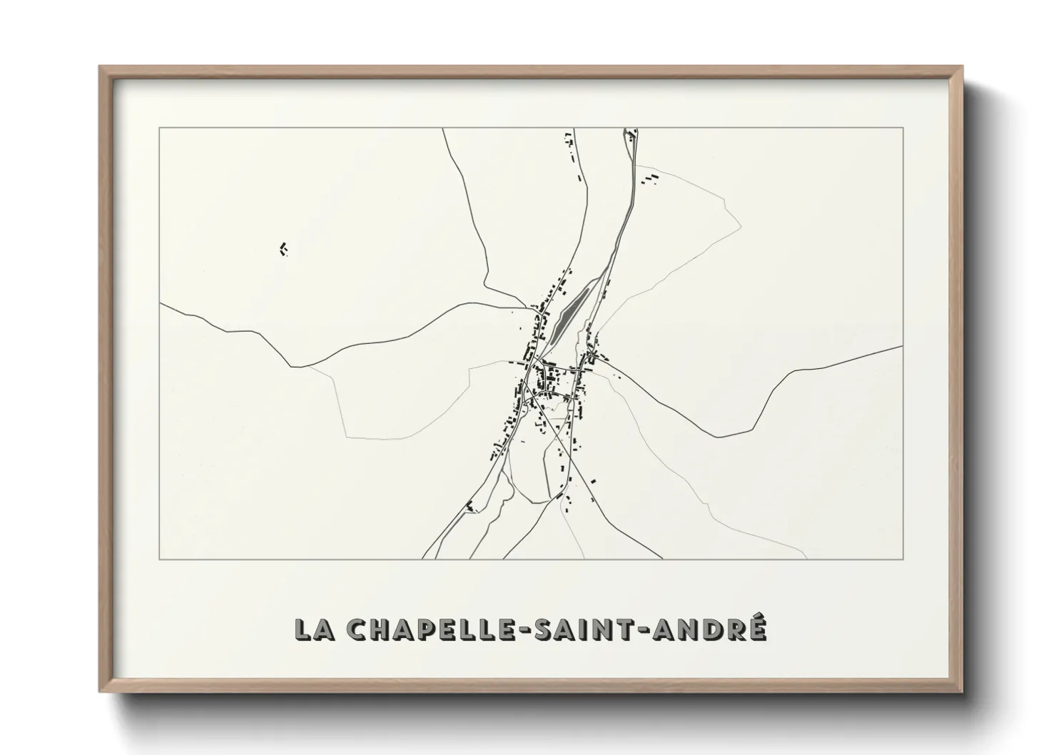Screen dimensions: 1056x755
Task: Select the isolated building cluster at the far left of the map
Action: point(283,248)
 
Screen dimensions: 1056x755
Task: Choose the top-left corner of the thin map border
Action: point(159,128)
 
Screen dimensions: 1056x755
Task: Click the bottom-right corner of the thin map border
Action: point(903,559)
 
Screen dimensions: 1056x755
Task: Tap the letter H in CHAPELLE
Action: point(376,629)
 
